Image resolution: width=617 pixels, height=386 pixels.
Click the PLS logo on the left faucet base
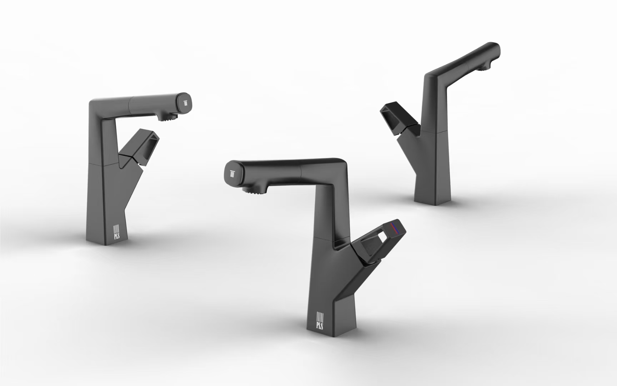coord(116,232)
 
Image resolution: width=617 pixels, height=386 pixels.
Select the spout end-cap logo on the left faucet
coord(186,103)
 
